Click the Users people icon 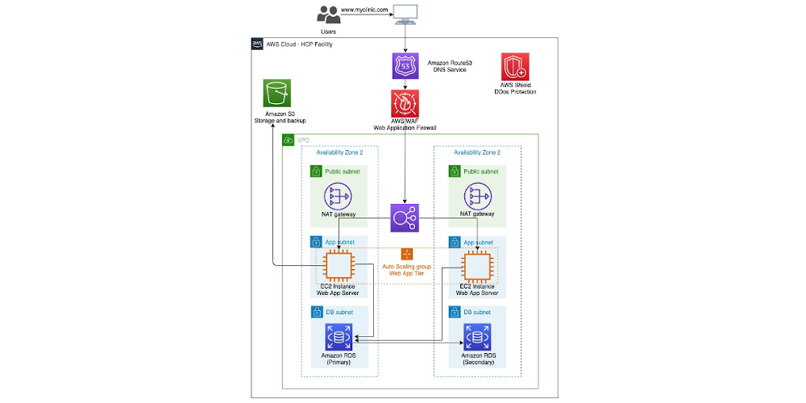[329, 15]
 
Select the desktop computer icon [405, 15]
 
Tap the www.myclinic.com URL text [364, 9]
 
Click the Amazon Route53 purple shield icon [405, 66]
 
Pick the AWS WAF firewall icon [405, 103]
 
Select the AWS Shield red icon [515, 66]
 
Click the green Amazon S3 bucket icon [276, 93]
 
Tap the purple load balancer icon [405, 218]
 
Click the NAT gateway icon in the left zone [338, 196]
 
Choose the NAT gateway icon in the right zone [477, 196]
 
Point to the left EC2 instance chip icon [337, 265]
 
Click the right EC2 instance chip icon [476, 265]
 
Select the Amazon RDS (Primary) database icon [338, 337]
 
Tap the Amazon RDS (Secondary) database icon [477, 337]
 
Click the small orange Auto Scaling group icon [406, 254]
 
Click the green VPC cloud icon [289, 139]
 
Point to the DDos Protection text [514, 92]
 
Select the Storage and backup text [280, 121]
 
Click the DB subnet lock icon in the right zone [455, 312]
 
